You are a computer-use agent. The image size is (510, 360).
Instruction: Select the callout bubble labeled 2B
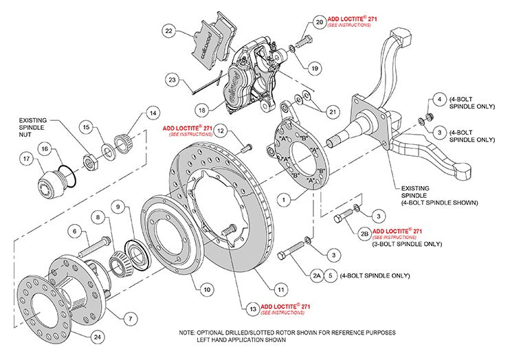(364, 232)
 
